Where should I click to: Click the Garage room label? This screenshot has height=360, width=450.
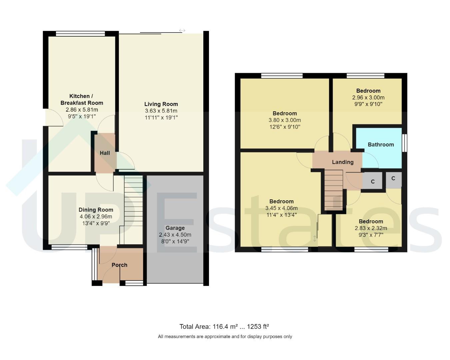175,228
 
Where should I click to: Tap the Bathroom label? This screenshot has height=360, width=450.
381,144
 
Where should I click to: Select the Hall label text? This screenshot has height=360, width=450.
105,153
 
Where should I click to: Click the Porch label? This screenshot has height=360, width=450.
119,265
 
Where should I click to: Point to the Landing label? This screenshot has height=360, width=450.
343,162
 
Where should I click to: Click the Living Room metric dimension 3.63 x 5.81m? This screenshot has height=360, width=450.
161,111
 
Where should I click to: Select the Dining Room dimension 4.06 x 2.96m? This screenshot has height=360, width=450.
96,217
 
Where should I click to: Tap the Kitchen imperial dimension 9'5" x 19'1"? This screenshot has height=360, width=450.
82,116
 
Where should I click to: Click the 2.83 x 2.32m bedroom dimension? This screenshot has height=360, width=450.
371,228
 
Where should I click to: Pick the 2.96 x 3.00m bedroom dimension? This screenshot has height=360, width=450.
368,98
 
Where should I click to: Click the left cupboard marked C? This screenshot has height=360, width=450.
373,182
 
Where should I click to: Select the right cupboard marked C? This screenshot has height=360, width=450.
393,179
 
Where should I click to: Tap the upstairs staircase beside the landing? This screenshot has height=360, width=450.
334,190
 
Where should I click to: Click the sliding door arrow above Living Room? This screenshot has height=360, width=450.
182,31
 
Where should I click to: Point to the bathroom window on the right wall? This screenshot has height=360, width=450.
404,143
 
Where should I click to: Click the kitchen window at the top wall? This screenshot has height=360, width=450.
80,33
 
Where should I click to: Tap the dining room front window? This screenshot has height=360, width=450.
69,247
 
